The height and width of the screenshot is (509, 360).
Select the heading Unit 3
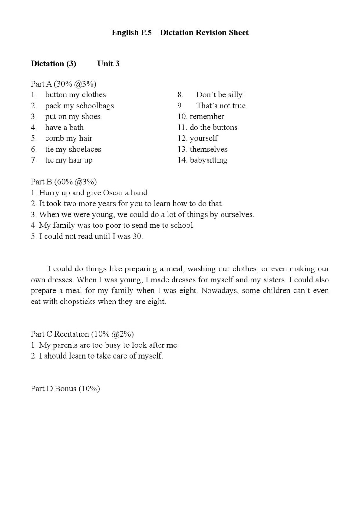[x=108, y=64]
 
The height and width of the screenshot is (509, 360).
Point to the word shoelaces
[x=85, y=149]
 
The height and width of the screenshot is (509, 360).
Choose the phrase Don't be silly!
[x=220, y=95]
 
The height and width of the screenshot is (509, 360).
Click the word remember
[x=207, y=116]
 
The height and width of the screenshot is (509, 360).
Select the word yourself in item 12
[x=204, y=138]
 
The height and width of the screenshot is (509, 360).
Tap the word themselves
[x=208, y=149]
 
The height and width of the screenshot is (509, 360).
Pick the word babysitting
[x=208, y=160]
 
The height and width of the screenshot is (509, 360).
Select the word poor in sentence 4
[x=113, y=226]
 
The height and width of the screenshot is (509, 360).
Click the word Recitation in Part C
[x=72, y=334]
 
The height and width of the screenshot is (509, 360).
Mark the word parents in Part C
[x=64, y=345]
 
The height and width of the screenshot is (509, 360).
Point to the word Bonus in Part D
[x=65, y=389]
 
